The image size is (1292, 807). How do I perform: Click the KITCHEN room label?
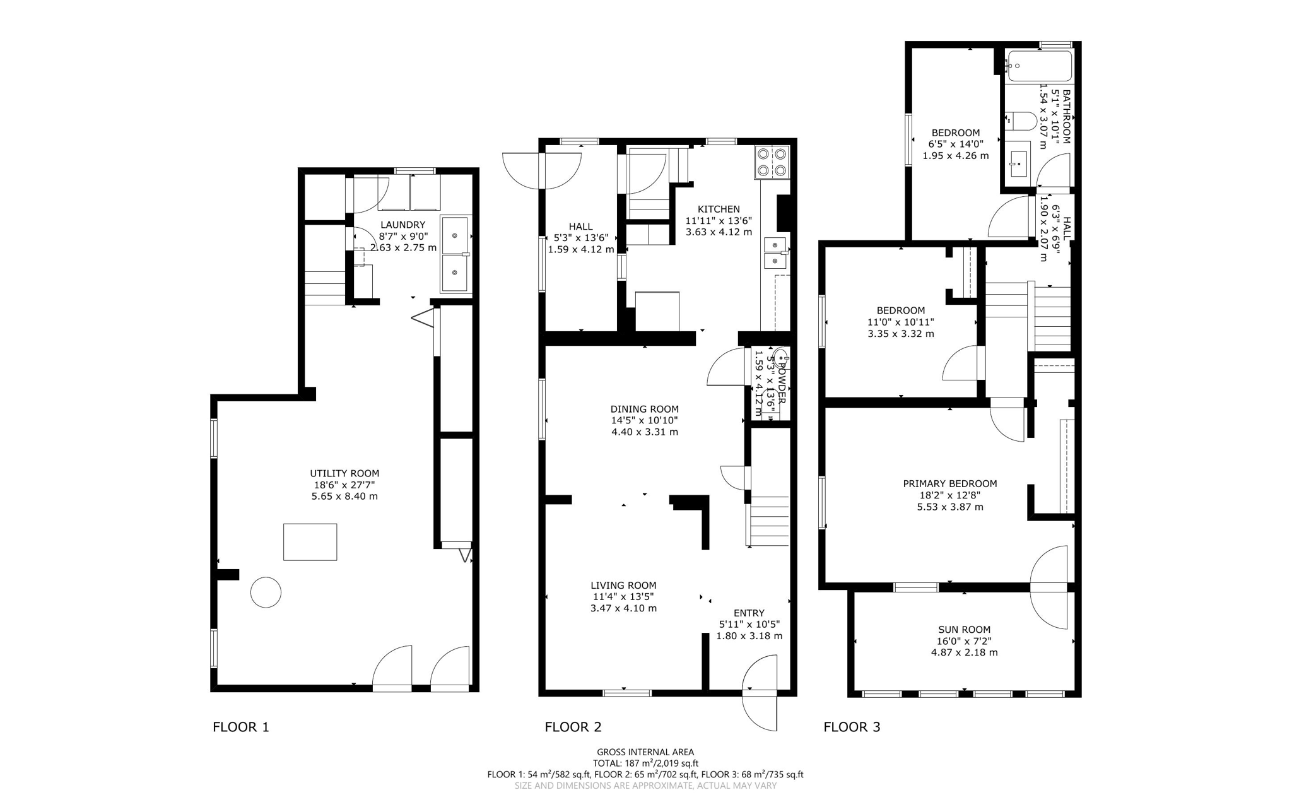719,209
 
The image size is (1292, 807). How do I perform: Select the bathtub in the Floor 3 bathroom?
1039,66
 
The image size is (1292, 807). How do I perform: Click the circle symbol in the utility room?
266,592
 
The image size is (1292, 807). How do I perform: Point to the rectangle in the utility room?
310,541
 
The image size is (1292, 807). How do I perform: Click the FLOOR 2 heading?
573,726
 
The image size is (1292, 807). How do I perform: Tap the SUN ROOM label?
964,629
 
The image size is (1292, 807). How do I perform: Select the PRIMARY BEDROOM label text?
949,483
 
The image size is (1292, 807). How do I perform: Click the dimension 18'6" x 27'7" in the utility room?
344,485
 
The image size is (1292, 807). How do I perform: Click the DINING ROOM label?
644,409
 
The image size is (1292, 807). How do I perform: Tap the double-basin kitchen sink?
775,252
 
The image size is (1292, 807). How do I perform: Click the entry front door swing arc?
761,693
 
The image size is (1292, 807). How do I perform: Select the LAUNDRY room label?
403,225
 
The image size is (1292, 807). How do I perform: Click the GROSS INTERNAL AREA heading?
645,751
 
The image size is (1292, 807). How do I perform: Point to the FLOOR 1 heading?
240,726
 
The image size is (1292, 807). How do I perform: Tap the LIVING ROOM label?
623,585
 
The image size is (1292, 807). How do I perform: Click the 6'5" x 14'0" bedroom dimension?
955,144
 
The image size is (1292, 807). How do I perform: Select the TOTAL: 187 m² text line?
645,763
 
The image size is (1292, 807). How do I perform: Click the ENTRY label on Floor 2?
749,613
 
